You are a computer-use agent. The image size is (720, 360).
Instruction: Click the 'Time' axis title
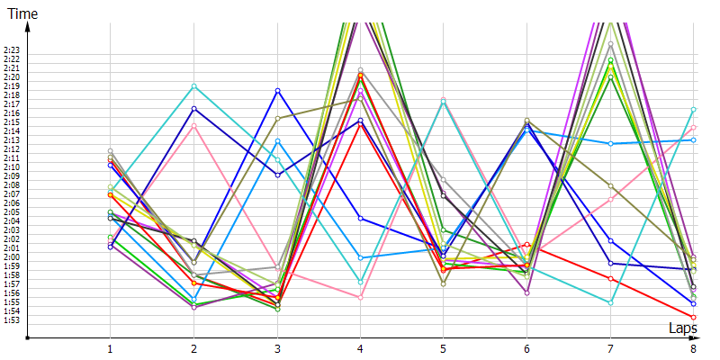(22, 14)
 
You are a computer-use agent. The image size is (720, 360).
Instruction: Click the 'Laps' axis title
(682, 328)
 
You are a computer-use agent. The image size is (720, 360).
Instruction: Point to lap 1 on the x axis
(110, 347)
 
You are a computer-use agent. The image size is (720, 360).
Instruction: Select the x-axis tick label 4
(360, 347)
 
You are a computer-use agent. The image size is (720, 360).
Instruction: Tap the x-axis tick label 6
(526, 347)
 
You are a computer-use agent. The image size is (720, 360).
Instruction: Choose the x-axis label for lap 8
(693, 347)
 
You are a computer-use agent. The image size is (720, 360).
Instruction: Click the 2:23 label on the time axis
(12, 50)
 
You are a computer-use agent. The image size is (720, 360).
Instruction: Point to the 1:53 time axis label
(12, 320)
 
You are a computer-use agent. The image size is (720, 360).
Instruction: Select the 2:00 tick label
(12, 257)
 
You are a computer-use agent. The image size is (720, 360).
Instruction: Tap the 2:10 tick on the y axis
(12, 167)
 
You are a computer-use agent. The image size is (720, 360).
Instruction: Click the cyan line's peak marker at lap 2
(193, 86)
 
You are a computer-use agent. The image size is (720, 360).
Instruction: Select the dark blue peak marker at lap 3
(277, 91)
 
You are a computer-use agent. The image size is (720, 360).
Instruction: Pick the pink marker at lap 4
(360, 297)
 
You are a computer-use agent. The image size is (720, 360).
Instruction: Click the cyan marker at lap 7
(610, 302)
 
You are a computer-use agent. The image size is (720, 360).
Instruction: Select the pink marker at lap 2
(193, 125)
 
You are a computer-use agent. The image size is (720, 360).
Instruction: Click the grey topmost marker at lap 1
(110, 151)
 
